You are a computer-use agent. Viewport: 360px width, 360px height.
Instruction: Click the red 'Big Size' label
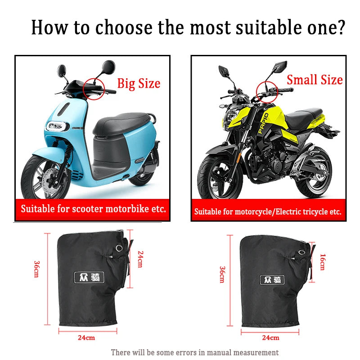pyautogui.click(x=139, y=84)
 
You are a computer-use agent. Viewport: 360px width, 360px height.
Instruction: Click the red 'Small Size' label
pyautogui.click(x=315, y=80)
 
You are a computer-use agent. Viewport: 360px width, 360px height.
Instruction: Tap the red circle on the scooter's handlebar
pyautogui.click(x=93, y=85)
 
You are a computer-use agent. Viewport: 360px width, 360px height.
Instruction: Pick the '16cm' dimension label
pyautogui.click(x=322, y=261)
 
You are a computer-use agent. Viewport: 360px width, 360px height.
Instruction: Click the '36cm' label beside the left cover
pyautogui.click(x=36, y=269)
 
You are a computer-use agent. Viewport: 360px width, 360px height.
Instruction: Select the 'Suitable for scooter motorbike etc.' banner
pyautogui.click(x=93, y=209)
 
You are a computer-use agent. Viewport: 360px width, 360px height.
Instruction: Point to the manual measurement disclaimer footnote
pyautogui.click(x=195, y=352)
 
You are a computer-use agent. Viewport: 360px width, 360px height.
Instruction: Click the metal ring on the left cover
pyautogui.click(x=119, y=249)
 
